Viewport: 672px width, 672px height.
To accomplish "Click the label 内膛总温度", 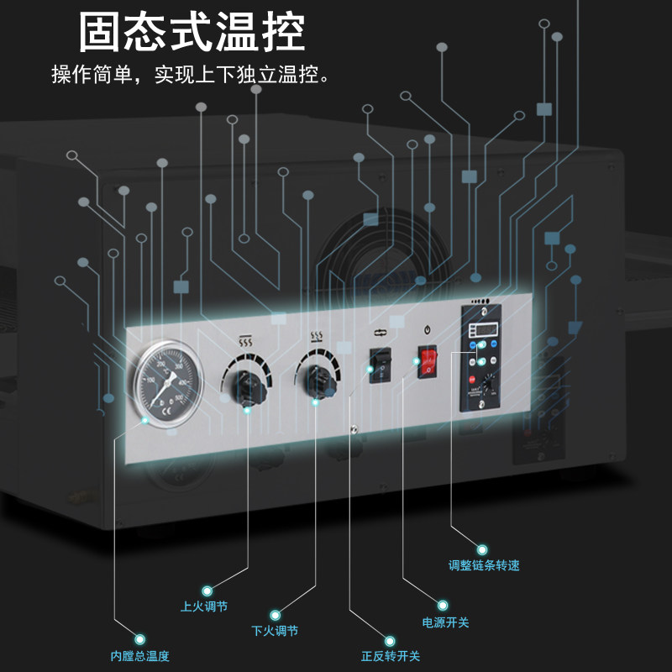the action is pyautogui.click(x=145, y=656).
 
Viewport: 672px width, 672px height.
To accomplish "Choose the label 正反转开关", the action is pyautogui.click(x=391, y=656).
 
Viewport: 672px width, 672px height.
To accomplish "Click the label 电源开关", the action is pyautogui.click(x=445, y=622).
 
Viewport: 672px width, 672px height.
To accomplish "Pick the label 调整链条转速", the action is pyautogui.click(x=484, y=565).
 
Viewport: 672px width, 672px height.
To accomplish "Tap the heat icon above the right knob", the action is pyautogui.click(x=318, y=338).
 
